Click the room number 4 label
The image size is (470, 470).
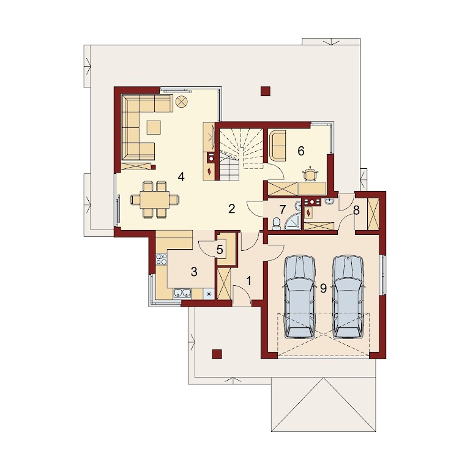click(181, 177)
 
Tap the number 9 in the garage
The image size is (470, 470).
click(323, 288)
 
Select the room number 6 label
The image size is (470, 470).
click(301, 151)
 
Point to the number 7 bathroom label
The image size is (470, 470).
click(282, 210)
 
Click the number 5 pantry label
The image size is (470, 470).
click(220, 250)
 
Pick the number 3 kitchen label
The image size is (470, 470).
click(194, 272)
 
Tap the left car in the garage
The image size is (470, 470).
click(300, 297)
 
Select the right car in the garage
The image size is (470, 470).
click(349, 297)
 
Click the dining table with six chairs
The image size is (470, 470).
click(155, 200)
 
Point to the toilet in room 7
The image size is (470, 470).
click(276, 223)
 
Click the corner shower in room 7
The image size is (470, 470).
click(292, 221)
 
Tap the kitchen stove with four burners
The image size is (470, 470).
click(162, 259)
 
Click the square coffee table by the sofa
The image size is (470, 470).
click(154, 127)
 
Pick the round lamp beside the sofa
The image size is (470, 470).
click(181, 102)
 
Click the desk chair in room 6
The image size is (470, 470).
click(310, 174)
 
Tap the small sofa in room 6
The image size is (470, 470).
click(278, 146)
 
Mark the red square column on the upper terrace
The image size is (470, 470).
click(266, 91)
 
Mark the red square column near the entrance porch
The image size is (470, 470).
click(217, 354)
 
